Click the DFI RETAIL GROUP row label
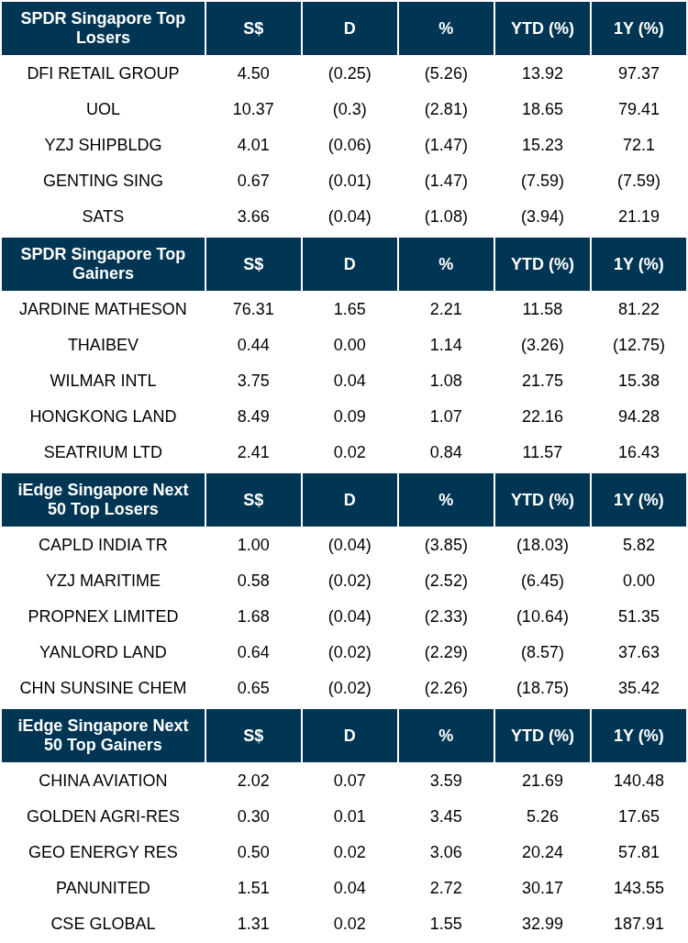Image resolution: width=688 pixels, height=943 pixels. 103,73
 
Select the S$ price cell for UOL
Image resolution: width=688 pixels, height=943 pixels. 253,109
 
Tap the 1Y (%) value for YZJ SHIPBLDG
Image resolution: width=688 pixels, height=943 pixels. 638,145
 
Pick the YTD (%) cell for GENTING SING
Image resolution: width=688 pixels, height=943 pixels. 542,181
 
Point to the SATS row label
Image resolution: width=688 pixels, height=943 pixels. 103,216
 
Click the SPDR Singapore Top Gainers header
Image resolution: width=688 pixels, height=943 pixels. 103,264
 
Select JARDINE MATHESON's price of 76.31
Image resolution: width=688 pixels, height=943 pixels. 253,309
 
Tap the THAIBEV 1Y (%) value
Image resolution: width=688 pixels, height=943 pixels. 638,345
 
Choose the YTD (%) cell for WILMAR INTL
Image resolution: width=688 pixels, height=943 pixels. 542,381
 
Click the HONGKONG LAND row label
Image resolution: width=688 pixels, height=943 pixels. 103,416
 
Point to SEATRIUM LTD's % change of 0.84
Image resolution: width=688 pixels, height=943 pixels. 446,452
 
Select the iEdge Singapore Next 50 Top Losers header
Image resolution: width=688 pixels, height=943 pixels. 103,500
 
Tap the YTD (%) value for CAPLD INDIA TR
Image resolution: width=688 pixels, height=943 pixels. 542,545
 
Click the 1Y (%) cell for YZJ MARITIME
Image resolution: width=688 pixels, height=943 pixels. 638,581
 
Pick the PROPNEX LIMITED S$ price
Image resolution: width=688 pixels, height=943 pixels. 253,616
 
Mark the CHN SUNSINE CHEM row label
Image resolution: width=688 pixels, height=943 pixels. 103,688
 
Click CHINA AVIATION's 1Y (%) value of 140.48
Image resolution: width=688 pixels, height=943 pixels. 638,781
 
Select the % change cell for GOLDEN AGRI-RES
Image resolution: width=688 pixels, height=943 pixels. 446,816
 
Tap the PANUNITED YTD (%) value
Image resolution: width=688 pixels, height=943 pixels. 542,888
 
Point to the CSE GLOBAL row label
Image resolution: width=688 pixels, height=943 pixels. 103,924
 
